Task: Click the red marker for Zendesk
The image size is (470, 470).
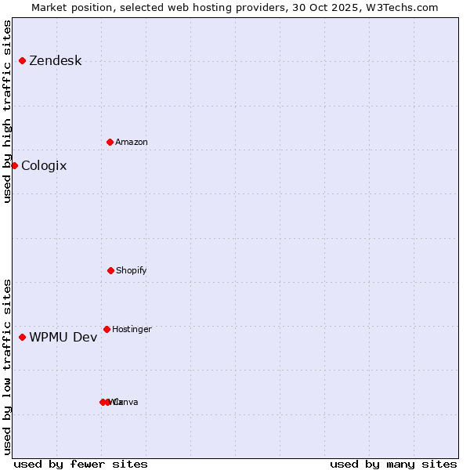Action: point(22,61)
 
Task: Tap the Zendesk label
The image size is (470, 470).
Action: point(55,61)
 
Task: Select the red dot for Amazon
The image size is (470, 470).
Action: point(110,142)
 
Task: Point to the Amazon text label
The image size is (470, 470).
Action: point(132,142)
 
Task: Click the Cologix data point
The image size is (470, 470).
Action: point(14,165)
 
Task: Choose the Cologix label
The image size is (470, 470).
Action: point(44,165)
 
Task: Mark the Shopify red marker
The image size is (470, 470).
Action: point(110,270)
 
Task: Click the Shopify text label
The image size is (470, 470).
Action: point(132,270)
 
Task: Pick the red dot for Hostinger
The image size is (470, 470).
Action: point(107,329)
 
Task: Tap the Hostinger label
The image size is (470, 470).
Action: point(132,329)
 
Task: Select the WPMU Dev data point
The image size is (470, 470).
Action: point(22,337)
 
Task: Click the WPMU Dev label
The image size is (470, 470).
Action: point(63,337)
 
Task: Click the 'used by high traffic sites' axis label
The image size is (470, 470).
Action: point(7,111)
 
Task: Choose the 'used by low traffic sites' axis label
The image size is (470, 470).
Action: point(7,367)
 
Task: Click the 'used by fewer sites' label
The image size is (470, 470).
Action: point(81,464)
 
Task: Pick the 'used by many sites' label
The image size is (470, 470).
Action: point(393,464)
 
